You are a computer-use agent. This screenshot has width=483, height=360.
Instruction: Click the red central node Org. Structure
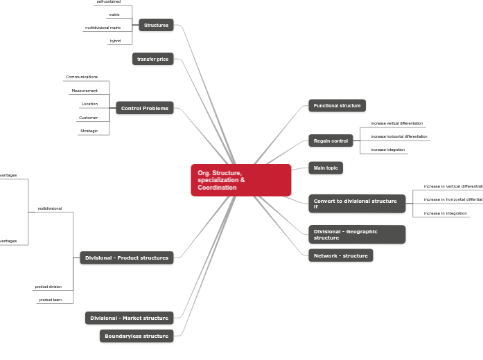tap(240, 180)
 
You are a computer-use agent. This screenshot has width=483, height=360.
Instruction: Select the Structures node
tap(156, 25)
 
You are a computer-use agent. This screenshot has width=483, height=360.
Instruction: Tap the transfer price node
tap(152, 59)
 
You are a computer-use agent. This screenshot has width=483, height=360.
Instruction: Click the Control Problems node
tap(144, 108)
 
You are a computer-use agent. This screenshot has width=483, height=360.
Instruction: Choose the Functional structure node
tap(337, 106)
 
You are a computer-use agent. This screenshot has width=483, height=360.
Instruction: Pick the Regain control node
tap(331, 141)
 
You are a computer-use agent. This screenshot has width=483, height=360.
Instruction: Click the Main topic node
tap(325, 168)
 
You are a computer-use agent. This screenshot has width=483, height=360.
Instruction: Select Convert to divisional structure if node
tap(356, 204)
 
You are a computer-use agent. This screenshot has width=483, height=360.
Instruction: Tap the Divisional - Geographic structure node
tap(356, 234)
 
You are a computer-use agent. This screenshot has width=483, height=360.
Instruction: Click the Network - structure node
tap(340, 255)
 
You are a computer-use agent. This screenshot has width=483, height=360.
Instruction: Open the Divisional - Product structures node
tap(126, 258)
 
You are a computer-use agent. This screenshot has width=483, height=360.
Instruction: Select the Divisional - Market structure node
tap(129, 318)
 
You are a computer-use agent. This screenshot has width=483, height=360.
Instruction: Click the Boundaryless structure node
tap(137, 336)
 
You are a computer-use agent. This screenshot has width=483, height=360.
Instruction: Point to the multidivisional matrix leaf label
tap(103, 28)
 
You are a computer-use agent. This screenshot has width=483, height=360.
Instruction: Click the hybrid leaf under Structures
tap(115, 41)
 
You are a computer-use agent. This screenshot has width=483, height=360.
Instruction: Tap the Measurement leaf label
tap(85, 91)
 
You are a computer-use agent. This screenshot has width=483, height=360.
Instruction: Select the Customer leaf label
tap(88, 118)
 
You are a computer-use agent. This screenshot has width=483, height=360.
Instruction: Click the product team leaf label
tap(50, 300)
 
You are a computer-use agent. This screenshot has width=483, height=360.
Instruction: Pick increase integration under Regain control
tap(387, 150)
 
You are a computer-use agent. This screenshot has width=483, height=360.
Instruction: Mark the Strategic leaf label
tap(89, 131)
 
